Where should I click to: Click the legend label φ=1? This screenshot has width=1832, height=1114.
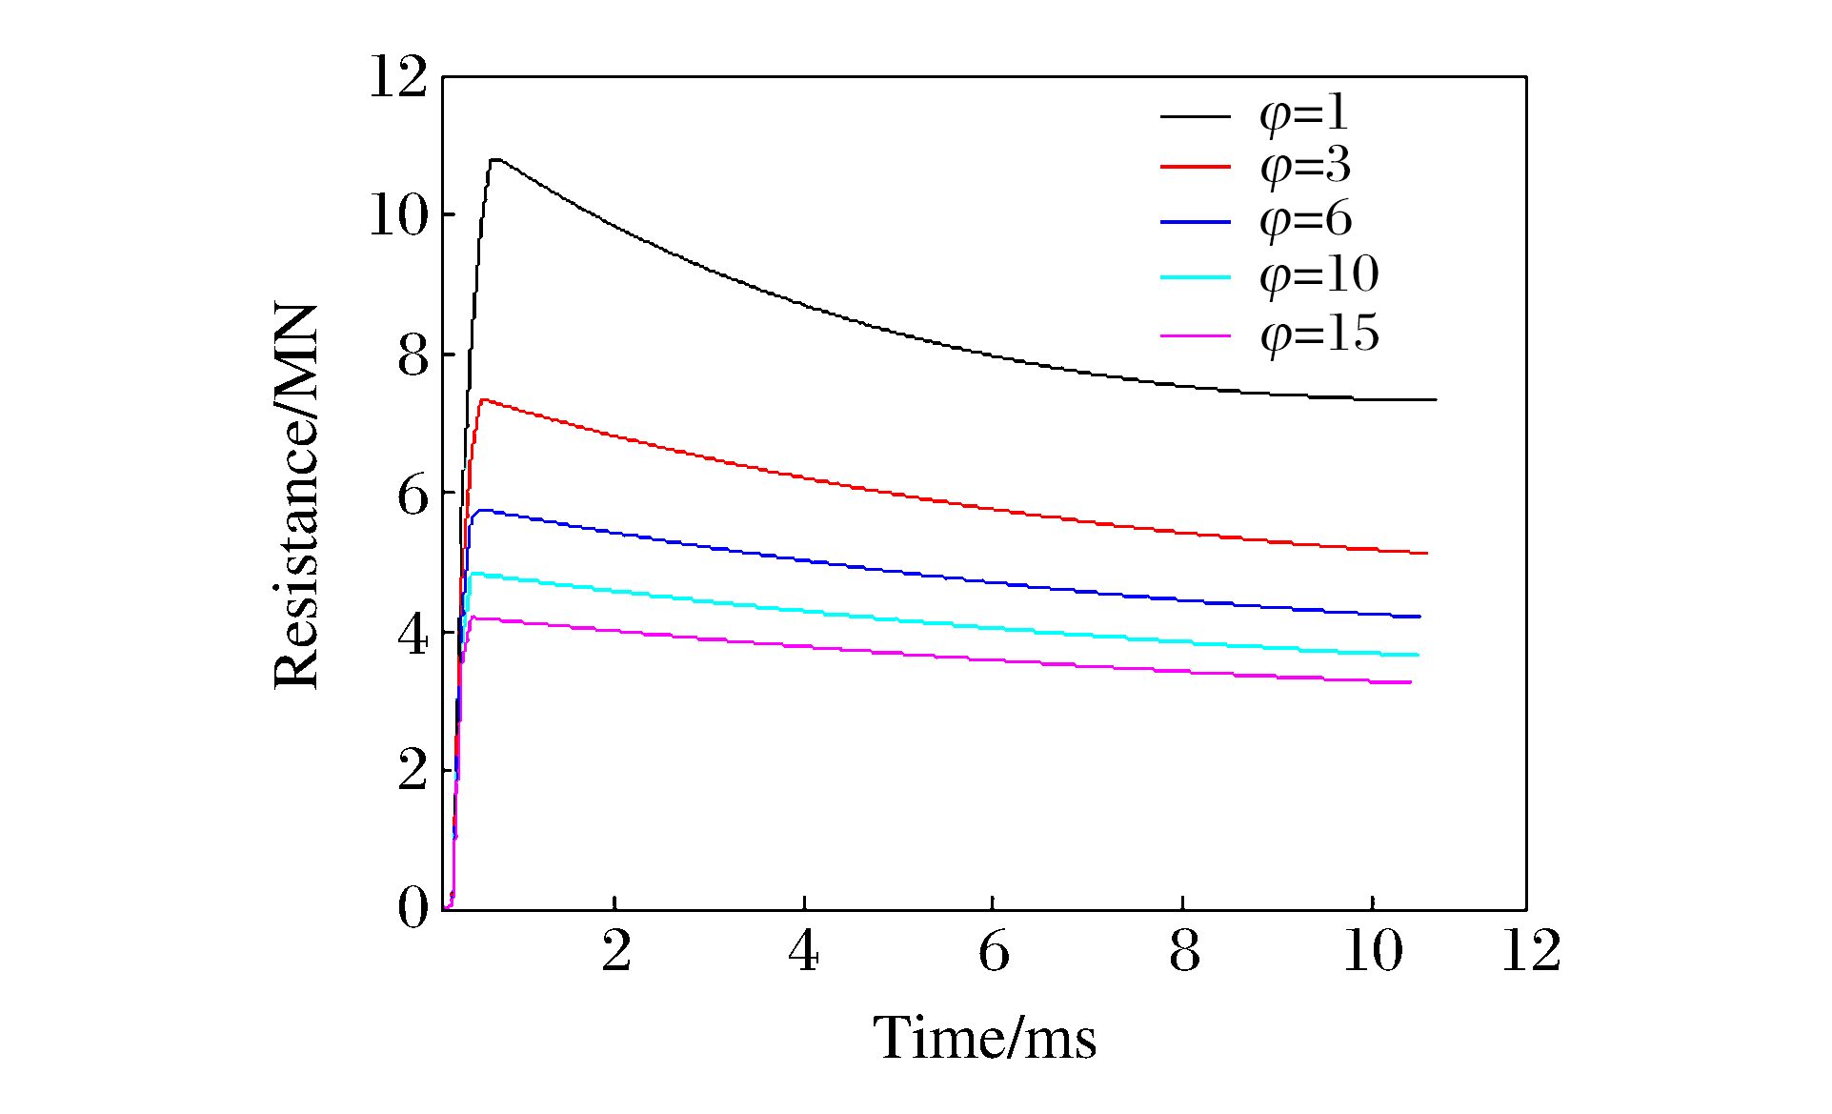(1303, 113)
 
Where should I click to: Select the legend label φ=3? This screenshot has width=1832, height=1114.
(1304, 167)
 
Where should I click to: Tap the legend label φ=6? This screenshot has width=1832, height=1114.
(1305, 221)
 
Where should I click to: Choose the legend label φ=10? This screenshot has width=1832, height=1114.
(1319, 276)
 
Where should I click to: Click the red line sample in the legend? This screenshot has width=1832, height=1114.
(1196, 167)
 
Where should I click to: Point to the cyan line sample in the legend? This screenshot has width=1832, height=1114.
(1196, 277)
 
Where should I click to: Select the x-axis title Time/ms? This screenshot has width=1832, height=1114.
(984, 1038)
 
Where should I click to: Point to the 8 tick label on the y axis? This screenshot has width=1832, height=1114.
(413, 357)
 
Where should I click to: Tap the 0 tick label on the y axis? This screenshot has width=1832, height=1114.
(413, 907)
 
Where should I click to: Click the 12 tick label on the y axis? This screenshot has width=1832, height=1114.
(398, 77)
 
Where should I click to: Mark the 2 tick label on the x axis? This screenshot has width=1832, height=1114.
(616, 951)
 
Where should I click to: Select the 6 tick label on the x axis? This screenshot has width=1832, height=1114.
(994, 951)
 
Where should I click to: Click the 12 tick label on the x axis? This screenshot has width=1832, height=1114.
(1531, 951)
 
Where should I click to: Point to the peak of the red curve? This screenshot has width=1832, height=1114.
(484, 399)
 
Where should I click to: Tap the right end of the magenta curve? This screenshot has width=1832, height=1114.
(1410, 682)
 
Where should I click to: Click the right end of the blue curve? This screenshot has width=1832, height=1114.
(1419, 617)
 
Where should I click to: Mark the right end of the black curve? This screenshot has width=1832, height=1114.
(1435, 399)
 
